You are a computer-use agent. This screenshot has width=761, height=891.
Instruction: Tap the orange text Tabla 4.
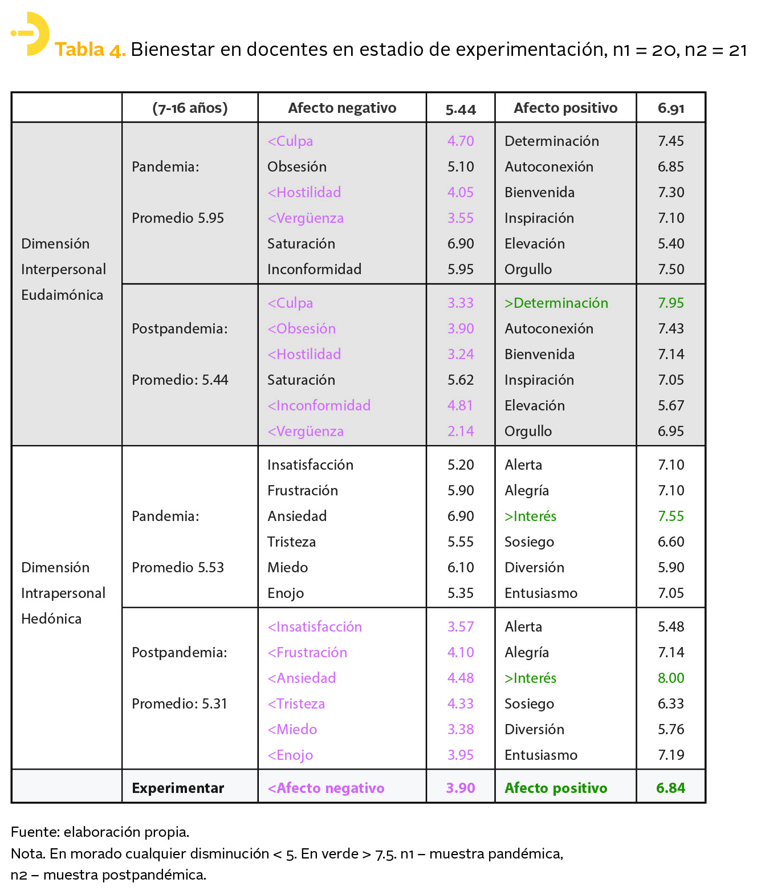coord(90,50)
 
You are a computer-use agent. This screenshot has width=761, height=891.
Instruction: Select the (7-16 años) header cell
coord(190,108)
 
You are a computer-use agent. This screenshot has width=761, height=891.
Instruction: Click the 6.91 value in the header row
coord(670,108)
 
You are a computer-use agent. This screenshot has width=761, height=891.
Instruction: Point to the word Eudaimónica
coord(62,295)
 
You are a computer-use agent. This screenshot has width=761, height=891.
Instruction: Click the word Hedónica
coord(51,619)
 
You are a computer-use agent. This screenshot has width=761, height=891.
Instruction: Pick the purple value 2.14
coord(461,431)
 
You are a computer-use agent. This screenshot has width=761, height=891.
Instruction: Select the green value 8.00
coord(670,678)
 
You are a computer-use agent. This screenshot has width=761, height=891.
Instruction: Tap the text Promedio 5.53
coord(178,567)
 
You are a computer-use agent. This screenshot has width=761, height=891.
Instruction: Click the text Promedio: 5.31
coord(180,703)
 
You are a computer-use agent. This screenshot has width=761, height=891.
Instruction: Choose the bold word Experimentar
coord(178,788)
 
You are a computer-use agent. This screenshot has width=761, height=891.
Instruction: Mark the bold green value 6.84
coord(670,788)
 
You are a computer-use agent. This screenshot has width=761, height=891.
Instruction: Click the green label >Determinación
coord(556,303)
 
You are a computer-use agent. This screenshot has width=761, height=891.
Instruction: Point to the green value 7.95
coord(670,303)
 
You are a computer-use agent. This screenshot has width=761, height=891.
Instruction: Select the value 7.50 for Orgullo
coord(670,269)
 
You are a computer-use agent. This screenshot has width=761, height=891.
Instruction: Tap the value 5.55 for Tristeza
coord(461,542)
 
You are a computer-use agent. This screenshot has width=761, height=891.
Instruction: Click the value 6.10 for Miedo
coord(461,567)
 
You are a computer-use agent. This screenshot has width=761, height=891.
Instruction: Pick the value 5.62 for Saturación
coord(461,380)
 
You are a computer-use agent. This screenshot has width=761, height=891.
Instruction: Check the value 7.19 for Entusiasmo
coord(670,755)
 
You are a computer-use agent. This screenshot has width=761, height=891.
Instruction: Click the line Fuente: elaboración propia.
coord(100,832)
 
